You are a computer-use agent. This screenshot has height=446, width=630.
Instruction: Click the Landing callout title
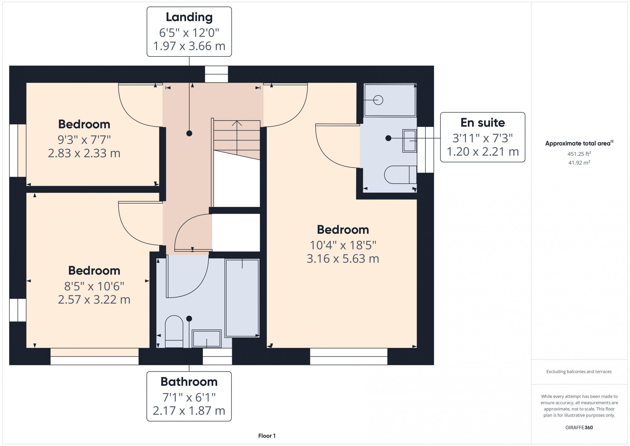(189, 17)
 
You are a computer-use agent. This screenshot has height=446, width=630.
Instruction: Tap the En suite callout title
(483, 123)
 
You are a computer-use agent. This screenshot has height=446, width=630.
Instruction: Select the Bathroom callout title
(189, 382)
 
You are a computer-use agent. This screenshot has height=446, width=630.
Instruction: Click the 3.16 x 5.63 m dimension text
(343, 259)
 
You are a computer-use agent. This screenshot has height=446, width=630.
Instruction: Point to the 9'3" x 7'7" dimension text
(84, 140)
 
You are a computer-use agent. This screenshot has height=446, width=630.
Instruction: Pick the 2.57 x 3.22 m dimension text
(94, 299)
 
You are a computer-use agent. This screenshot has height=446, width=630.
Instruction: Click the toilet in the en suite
(400, 175)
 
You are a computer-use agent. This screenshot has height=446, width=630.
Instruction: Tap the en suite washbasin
(410, 141)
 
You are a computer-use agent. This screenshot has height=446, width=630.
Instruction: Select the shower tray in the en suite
(390, 100)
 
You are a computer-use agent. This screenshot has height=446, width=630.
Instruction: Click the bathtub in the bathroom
(242, 298)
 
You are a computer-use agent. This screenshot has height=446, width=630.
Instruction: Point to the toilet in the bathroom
(174, 331)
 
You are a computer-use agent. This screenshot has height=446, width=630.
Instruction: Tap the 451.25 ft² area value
(579, 153)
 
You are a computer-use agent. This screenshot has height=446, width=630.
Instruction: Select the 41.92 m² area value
(579, 163)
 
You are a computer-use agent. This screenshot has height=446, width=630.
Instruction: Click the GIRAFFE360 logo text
(579, 428)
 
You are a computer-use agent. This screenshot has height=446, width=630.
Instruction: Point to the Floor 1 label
(267, 436)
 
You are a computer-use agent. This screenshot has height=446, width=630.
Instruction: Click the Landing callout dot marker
(189, 133)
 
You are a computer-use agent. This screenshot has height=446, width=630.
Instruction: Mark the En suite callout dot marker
(388, 138)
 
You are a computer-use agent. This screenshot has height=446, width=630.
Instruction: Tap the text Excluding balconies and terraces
(579, 372)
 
